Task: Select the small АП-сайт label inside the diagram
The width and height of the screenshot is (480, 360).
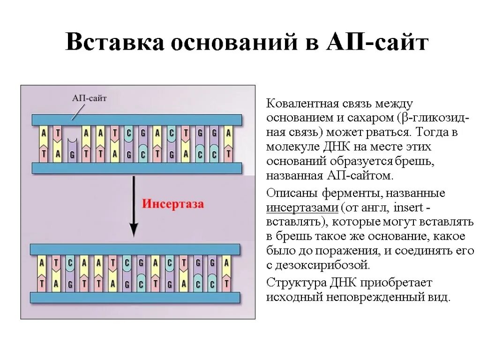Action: [x=90, y=98]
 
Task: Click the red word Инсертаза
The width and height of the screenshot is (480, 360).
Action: [x=173, y=204]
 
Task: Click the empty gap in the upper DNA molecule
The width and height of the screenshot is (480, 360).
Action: [x=71, y=134]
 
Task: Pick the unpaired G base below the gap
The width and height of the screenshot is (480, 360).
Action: [x=71, y=154]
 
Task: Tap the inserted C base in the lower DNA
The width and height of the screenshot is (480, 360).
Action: [x=69, y=263]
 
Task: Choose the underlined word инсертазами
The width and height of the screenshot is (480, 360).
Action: [x=302, y=207]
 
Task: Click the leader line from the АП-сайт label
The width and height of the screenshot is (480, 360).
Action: [x=77, y=112]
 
